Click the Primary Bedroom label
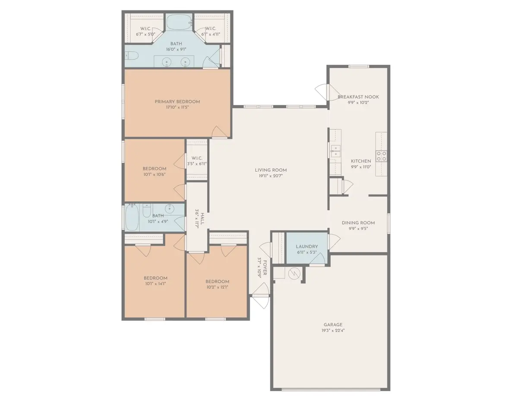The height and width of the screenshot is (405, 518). (177, 102)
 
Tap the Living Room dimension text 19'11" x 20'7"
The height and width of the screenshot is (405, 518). (271, 176)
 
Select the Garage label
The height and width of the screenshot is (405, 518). (333, 325)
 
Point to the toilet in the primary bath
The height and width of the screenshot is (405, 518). (132, 56)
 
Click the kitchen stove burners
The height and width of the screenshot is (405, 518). (381, 156)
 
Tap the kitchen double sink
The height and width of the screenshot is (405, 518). (335, 151)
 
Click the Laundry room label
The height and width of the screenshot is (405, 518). (307, 246)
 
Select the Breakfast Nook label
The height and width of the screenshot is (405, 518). (358, 97)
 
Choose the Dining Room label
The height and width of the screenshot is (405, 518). (358, 223)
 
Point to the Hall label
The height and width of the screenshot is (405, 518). (202, 219)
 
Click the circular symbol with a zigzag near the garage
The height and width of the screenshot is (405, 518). (294, 274)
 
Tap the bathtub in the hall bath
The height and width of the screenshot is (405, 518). (132, 217)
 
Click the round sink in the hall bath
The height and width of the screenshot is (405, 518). (170, 209)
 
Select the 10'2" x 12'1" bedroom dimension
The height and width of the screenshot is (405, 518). (217, 287)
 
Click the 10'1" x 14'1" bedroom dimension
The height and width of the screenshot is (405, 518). (155, 284)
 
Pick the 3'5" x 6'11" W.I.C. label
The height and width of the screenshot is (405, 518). (197, 164)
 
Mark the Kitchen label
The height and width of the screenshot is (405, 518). (361, 161)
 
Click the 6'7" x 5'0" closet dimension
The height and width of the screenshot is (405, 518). (145, 34)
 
